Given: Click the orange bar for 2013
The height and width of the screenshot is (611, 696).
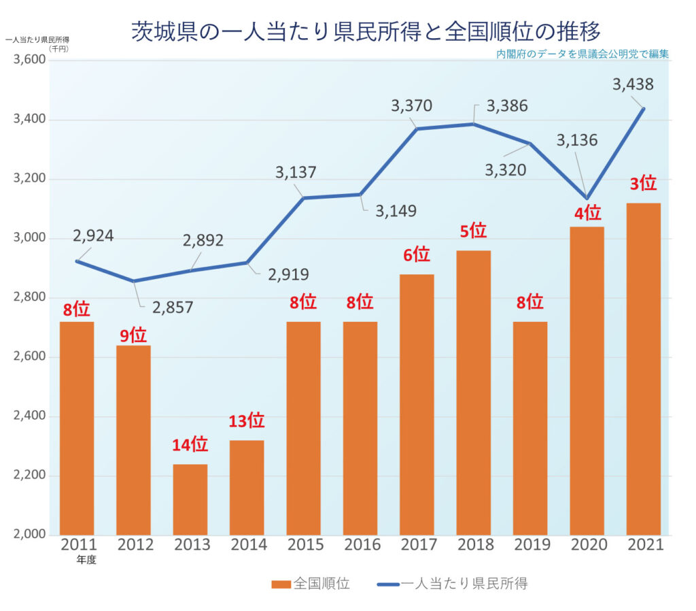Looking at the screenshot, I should tap(190, 499).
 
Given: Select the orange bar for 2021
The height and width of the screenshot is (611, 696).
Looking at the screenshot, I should tap(643, 368).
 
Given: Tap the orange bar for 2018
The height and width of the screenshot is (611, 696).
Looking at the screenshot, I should tap(473, 392).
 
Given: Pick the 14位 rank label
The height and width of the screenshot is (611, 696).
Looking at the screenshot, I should tap(190, 445).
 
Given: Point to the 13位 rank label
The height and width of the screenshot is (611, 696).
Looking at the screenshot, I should tap(245, 421).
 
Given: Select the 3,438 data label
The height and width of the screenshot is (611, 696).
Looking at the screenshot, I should tap(633, 84).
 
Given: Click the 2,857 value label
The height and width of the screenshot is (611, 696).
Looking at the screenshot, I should tap(173, 307).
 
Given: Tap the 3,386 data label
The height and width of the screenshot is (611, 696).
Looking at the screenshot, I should tap(507, 106).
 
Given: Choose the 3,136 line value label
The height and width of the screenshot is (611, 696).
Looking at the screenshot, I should tap(577, 140).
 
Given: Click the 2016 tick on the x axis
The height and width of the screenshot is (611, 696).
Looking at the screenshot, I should tap(360, 545).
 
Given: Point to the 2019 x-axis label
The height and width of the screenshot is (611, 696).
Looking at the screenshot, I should tap(530, 545).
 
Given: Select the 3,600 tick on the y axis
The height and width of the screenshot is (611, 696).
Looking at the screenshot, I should tap(29, 60).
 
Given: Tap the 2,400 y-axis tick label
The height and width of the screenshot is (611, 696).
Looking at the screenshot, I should tap(29, 416).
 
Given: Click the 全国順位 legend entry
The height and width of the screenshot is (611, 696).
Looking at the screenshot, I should tap(311, 583).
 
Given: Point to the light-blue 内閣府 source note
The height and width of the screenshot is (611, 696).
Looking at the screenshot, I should tap(582, 54).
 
